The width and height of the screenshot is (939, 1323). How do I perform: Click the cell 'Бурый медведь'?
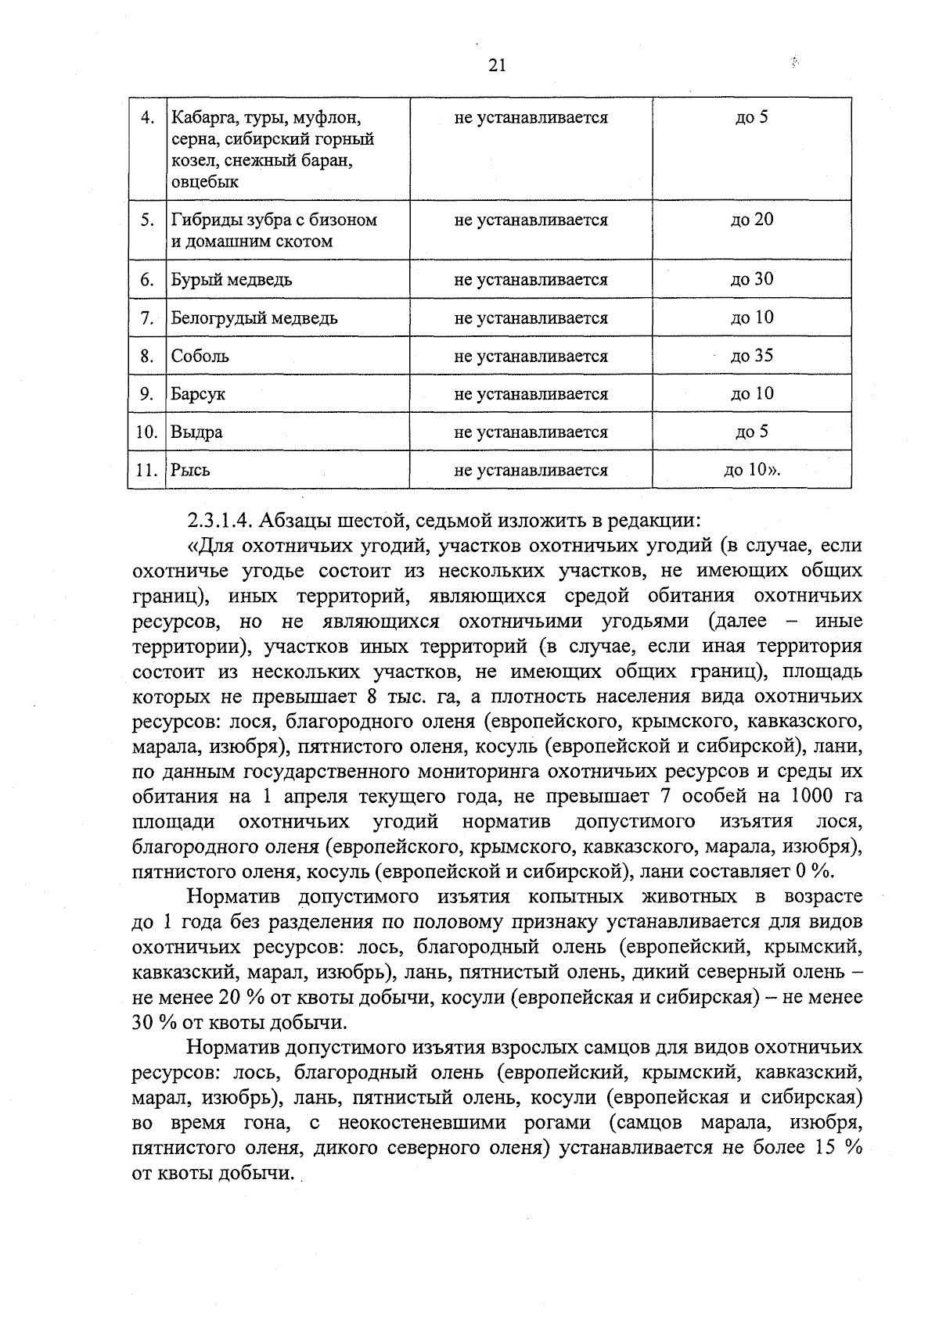tap(232, 280)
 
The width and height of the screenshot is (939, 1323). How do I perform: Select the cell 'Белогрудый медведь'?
tap(254, 318)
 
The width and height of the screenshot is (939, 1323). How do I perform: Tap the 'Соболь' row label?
tap(200, 357)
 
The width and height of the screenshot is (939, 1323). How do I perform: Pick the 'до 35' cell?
tap(751, 356)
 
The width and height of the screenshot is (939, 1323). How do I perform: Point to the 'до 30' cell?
tap(751, 279)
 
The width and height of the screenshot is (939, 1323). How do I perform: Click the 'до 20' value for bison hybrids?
tap(751, 220)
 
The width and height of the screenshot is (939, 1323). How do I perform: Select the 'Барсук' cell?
tap(199, 394)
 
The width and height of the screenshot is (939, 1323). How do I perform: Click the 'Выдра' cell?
tap(197, 432)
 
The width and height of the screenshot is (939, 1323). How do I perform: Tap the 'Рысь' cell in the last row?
tap(191, 471)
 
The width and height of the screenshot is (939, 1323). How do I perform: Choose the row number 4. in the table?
tap(147, 118)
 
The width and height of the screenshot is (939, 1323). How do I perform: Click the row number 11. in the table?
tap(146, 471)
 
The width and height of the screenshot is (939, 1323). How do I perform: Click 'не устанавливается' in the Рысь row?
tap(531, 471)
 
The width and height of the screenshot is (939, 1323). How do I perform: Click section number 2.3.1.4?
tap(221, 520)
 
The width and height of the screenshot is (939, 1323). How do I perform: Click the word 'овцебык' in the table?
tap(205, 182)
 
